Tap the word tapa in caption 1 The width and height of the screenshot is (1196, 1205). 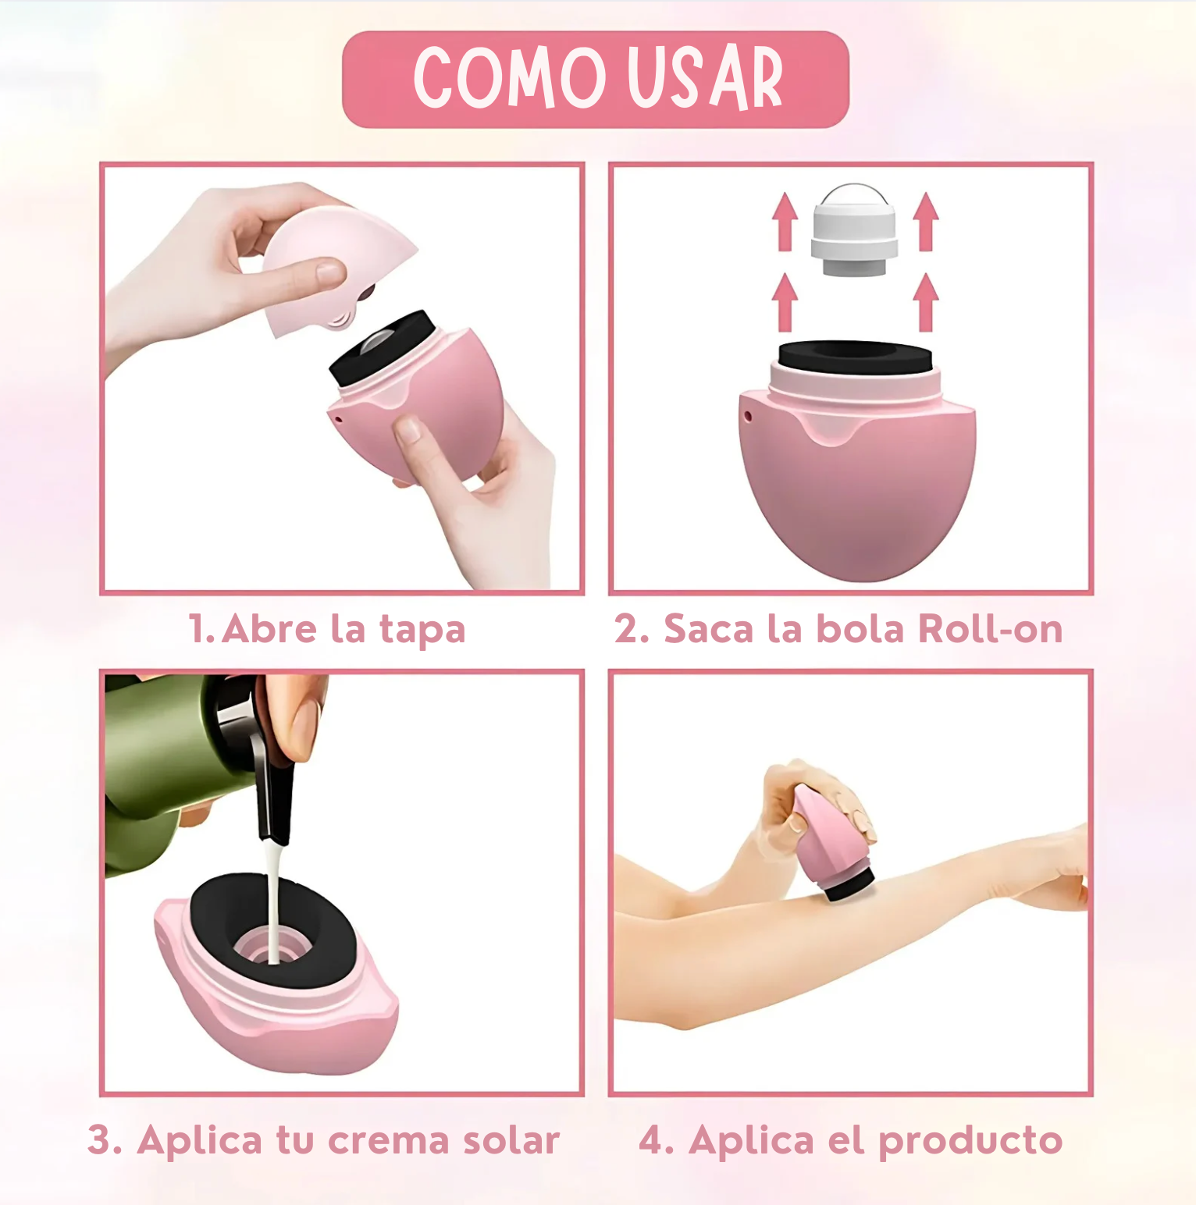422,631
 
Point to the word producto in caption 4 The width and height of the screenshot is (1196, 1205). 970,1142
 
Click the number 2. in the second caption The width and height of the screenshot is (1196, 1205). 632,629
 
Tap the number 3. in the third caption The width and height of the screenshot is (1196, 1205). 105,1140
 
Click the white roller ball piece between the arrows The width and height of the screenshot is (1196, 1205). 855,231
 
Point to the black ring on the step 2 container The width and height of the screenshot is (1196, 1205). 856,358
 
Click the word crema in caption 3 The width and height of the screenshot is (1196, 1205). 388,1142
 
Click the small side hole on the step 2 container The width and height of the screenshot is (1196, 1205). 748,416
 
